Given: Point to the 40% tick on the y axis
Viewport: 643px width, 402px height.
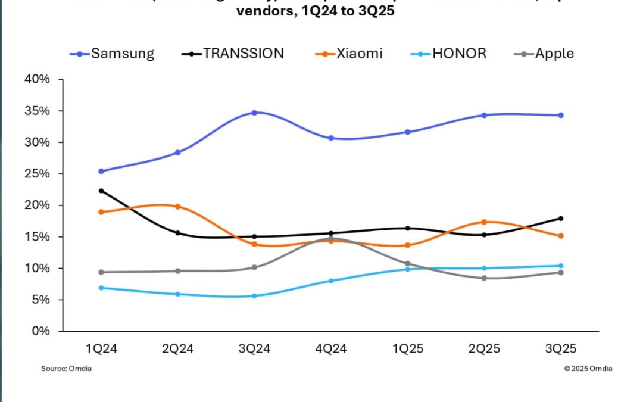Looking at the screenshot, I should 37,80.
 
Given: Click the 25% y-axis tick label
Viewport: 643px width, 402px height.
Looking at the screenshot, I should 37,174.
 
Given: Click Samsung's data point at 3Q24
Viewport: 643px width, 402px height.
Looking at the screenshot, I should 254,113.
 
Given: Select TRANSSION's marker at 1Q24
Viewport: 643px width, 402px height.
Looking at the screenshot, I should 101,191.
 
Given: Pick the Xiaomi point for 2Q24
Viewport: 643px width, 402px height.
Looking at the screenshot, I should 177,207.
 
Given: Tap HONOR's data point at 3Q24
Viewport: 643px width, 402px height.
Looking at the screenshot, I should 254,296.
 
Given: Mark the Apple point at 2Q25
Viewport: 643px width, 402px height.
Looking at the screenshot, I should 484,278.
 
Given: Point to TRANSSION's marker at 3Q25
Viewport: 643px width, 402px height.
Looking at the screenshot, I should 560,218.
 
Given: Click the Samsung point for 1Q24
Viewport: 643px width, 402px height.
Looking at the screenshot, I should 101,171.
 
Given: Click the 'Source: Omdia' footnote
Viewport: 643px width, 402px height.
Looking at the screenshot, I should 66,369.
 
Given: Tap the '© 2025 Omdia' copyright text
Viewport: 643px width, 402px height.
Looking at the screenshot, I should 588,369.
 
